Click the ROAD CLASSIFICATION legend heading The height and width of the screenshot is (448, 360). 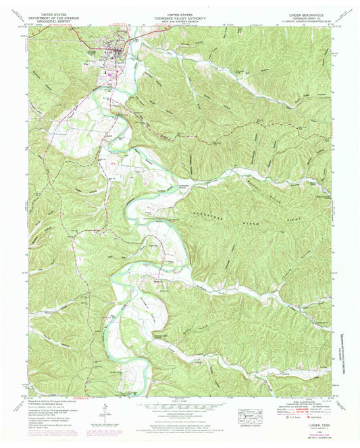pos(300,405)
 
